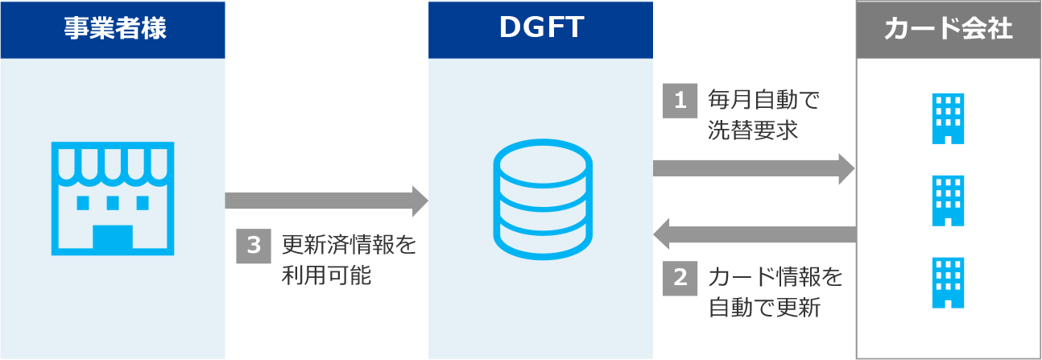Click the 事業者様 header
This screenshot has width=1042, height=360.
(113, 29)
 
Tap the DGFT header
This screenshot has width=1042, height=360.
(540, 29)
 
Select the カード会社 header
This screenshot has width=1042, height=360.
(948, 29)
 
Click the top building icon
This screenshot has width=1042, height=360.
(948, 118)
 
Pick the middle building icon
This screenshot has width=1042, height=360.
(948, 201)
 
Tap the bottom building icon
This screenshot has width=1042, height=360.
(948, 283)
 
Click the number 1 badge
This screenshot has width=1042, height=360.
(680, 101)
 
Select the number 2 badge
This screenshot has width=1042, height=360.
(680, 278)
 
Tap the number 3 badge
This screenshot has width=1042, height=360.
(253, 246)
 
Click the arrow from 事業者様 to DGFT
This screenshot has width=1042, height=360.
(326, 201)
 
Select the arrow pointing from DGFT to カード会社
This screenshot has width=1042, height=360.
(753, 168)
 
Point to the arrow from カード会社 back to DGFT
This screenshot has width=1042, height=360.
(753, 234)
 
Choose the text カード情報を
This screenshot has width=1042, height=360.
(775, 278)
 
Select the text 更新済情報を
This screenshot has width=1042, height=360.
(349, 245)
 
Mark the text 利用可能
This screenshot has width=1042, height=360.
(326, 275)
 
